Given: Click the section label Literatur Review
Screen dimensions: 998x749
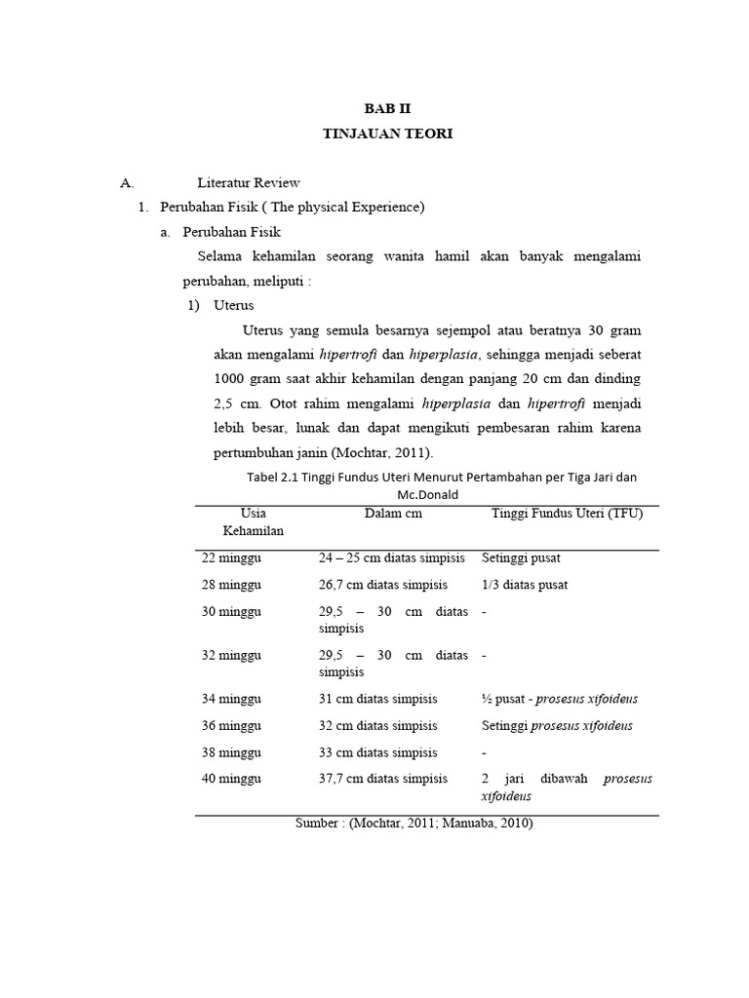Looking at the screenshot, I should coord(249,182).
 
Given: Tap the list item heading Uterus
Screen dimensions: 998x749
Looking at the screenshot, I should coord(233,305).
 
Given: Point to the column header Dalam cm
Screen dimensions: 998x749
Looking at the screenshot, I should coord(393,514).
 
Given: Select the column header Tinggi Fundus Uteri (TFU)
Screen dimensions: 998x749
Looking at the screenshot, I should coord(567,514).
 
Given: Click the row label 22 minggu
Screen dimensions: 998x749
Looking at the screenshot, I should coord(232,558).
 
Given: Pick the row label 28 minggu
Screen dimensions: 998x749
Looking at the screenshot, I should coord(232,585).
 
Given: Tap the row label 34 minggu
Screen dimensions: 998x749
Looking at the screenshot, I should coord(232,699).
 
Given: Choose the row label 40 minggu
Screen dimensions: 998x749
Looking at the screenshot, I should coord(232,778).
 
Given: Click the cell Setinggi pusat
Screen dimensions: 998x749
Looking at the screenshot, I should coord(521,558).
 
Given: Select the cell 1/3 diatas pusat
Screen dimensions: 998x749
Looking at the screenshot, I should coord(525,585).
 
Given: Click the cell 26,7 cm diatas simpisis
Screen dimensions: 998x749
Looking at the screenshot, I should coord(383,585).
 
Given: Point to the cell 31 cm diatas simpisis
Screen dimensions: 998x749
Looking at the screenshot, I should coord(377,699).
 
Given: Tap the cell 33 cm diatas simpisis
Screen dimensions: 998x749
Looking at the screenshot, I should coord(377,752).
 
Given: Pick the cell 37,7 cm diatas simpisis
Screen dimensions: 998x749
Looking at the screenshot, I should coord(383,778).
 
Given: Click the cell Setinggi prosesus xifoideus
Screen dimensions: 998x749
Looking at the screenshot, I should coord(557,725).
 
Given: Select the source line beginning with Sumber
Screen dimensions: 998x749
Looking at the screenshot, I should coord(414,824).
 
